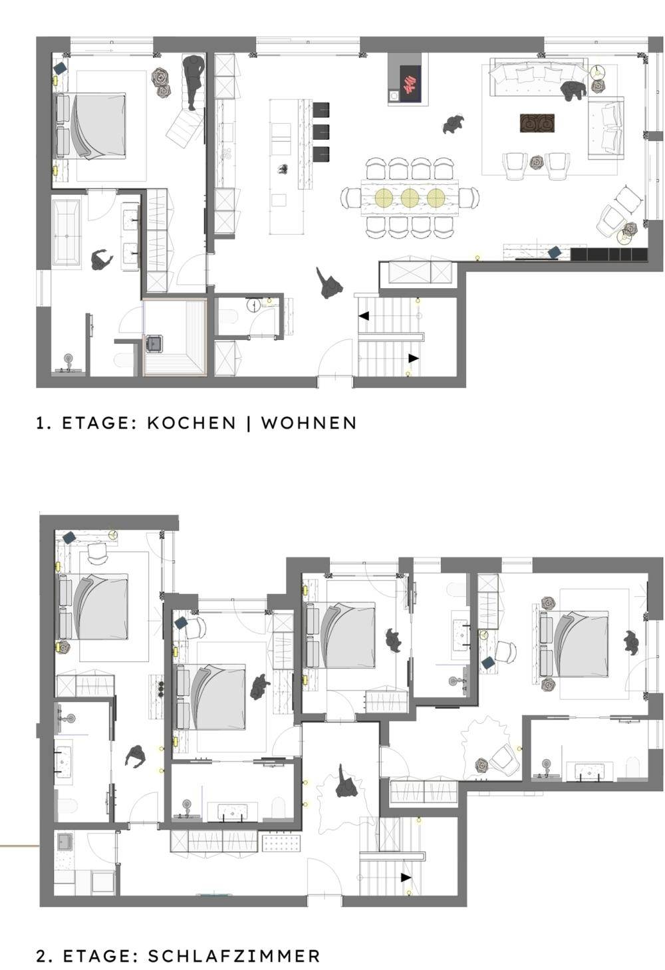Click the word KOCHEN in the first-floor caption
192,422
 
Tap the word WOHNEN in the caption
309,422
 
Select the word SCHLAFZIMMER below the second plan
234,956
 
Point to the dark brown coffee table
537,122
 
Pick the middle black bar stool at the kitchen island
321,132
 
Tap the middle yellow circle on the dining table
409,198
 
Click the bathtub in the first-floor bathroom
66,232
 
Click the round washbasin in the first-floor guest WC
253,305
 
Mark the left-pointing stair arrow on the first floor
364,316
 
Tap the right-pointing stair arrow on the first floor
414,358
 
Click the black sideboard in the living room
608,254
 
